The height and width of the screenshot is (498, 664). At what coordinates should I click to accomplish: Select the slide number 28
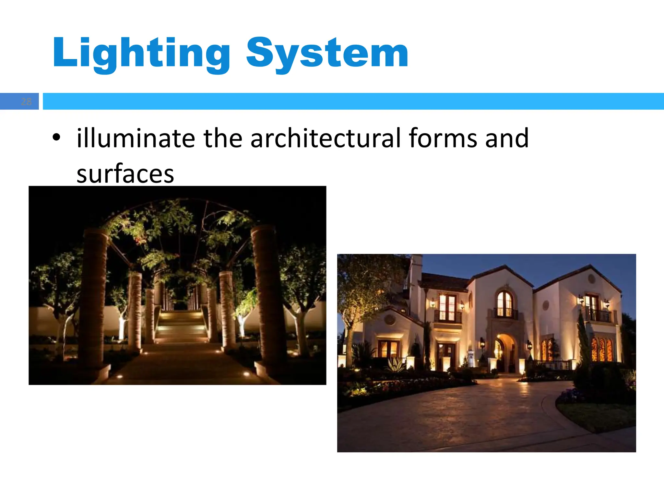click(x=26, y=102)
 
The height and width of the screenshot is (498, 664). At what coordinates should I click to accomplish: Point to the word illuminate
click(x=136, y=138)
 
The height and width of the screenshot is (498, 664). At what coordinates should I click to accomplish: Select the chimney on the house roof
click(x=416, y=269)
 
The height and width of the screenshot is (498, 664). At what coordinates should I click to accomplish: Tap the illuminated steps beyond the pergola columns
click(x=180, y=324)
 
